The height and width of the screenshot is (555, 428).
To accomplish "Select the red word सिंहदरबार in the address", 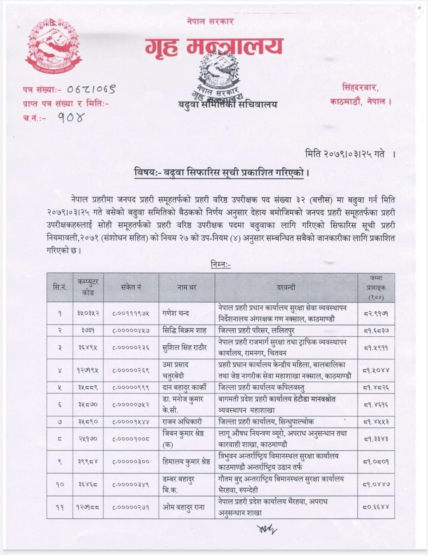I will [360, 88].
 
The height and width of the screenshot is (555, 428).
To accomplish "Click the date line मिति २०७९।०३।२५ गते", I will [344, 154].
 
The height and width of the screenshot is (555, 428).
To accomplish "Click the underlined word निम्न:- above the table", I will [220, 265].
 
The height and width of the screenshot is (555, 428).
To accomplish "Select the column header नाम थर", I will [187, 287].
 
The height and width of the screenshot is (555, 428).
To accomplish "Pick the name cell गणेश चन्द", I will [176, 313].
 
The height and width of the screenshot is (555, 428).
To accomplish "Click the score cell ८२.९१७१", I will [376, 313].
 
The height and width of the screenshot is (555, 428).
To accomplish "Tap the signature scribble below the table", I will [266, 529].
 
